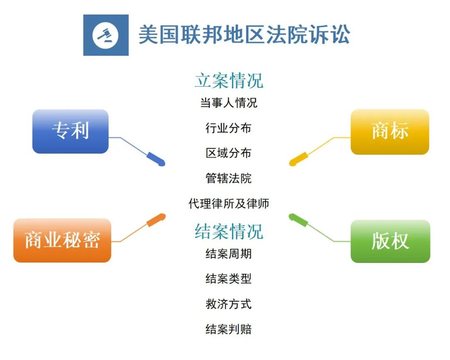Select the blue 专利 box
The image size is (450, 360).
pyautogui.click(x=70, y=131)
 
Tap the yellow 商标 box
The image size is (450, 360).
pyautogui.click(x=390, y=132)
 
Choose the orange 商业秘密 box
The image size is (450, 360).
pyautogui.click(x=62, y=240)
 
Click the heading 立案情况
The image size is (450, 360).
pyautogui.click(x=228, y=80)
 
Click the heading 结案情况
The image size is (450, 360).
pyautogui.click(x=228, y=231)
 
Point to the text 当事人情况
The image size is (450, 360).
pyautogui.click(x=228, y=103)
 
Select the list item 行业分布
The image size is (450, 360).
pyautogui.click(x=228, y=128)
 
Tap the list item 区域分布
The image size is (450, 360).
pyautogui.click(x=228, y=153)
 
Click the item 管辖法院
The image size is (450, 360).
pyautogui.click(x=228, y=178)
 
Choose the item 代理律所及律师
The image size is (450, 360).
pyautogui.click(x=228, y=203)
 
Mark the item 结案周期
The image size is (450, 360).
pyautogui.click(x=228, y=253)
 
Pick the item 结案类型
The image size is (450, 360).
pyautogui.click(x=228, y=278)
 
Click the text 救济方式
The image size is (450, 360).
pyautogui.click(x=228, y=304)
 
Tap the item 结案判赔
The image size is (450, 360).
pyautogui.click(x=228, y=329)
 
